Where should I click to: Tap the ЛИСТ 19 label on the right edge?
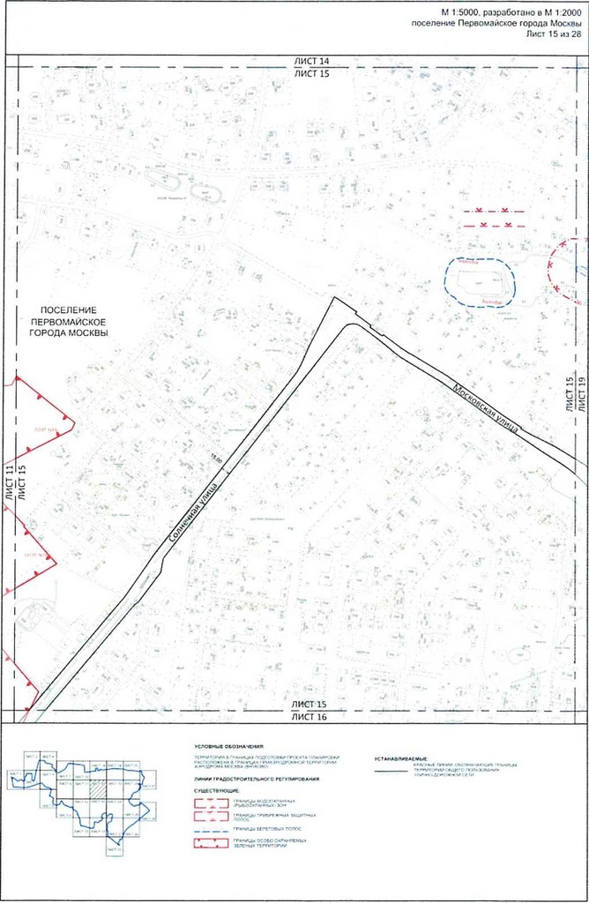tap(582, 393)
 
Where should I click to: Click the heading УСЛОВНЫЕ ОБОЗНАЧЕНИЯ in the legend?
tap(232, 746)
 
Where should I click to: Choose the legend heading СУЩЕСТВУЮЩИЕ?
tap(212, 791)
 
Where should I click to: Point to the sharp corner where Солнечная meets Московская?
tap(335, 299)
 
